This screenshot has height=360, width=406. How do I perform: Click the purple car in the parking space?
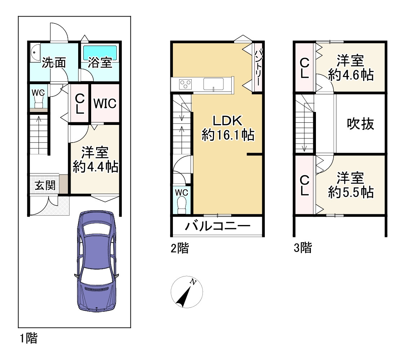click(x=97, y=261)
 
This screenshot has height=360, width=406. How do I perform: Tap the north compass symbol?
click(x=186, y=292)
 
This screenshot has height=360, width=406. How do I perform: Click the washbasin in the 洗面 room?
click(x=35, y=53)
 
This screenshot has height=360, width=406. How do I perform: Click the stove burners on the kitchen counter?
click(x=186, y=85)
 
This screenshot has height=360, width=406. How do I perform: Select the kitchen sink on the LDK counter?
click(x=214, y=85)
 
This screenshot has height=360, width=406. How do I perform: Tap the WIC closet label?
click(x=105, y=104)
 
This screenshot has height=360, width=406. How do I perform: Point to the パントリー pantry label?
click(x=258, y=67)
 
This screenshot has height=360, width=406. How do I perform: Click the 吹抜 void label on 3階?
click(x=360, y=124)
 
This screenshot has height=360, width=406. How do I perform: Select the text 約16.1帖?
click(x=228, y=135)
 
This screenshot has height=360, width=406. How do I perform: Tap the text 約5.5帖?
click(x=350, y=193)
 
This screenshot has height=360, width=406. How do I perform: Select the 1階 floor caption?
click(x=28, y=338)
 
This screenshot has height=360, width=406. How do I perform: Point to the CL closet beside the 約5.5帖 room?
click(x=305, y=185)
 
